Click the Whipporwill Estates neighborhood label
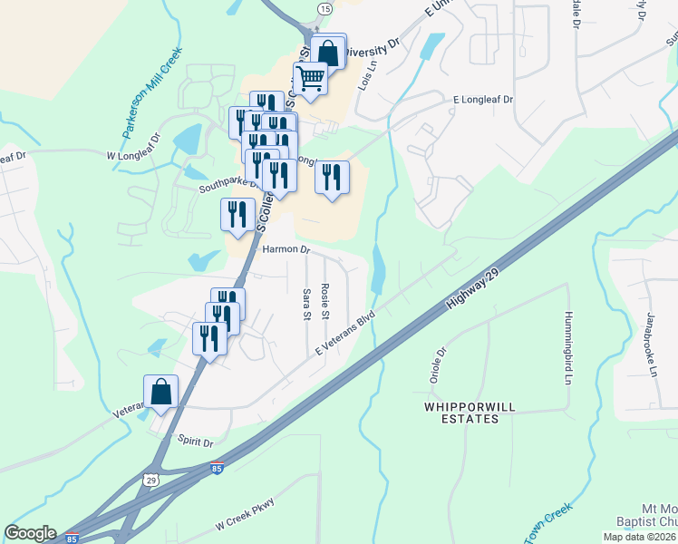pyautogui.click(x=461, y=413)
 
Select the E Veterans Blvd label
pyautogui.click(x=345, y=334)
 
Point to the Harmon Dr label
pyautogui.click(x=286, y=248)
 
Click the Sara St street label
pyautogui.click(x=305, y=303)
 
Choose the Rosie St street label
pyautogui.click(x=324, y=299)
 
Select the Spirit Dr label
pyautogui.click(x=195, y=443)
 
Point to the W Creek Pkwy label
pyautogui.click(x=245, y=514)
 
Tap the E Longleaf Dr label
pyautogui.click(x=483, y=100)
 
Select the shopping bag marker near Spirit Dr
pyautogui.click(x=160, y=392)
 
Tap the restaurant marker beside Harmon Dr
pyautogui.click(x=237, y=215)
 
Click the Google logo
pyautogui.click(x=30, y=533)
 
